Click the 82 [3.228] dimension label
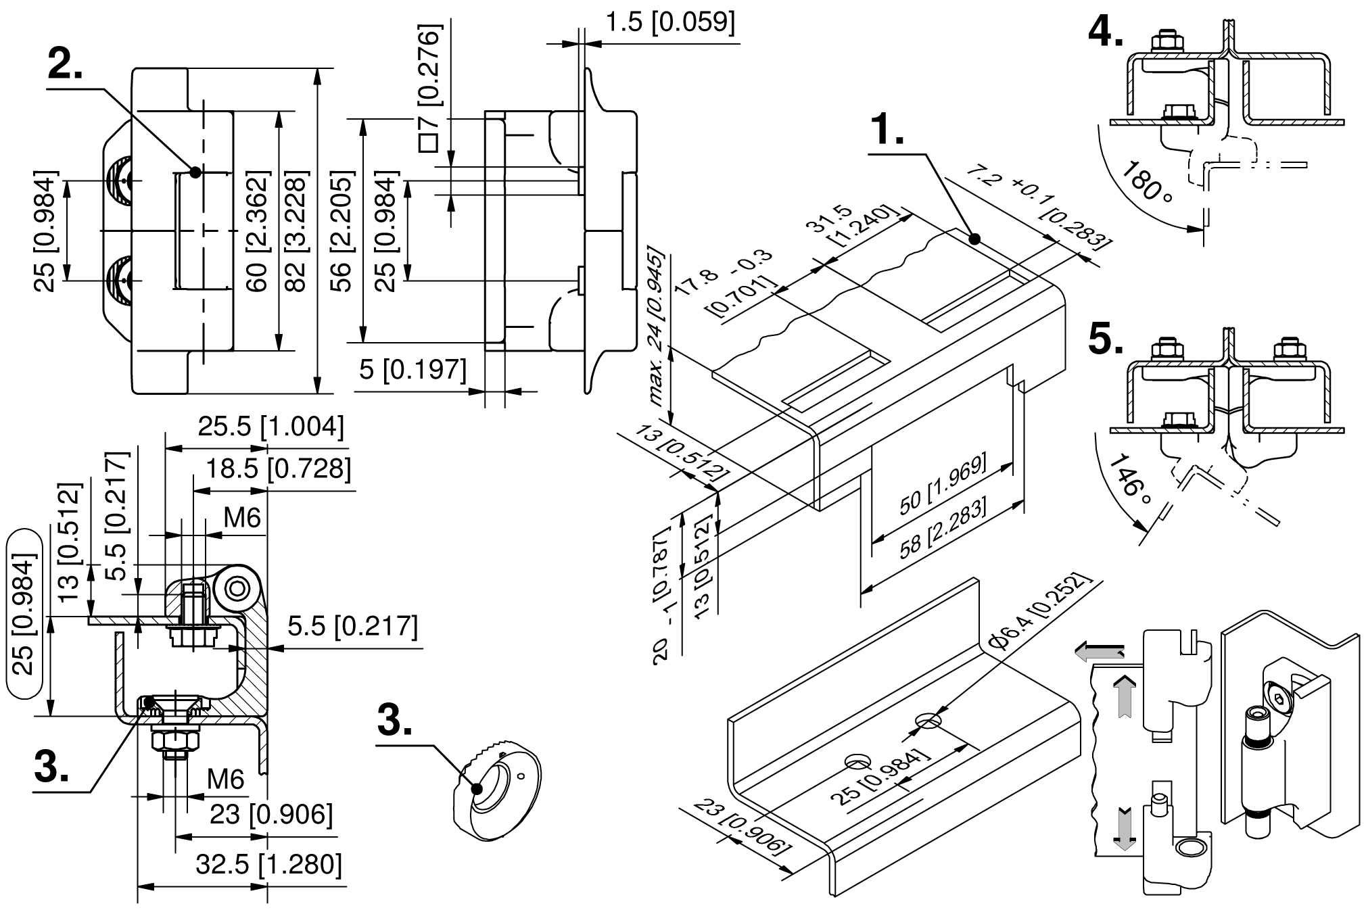(x=296, y=232)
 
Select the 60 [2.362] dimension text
(x=258, y=232)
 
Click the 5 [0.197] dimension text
(x=413, y=369)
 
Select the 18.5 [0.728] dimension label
(x=279, y=469)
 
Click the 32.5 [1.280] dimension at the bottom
(x=269, y=865)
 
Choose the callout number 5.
(x=1106, y=340)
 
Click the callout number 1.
(x=887, y=130)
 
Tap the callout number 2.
(x=65, y=64)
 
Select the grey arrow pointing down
(x=1124, y=829)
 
